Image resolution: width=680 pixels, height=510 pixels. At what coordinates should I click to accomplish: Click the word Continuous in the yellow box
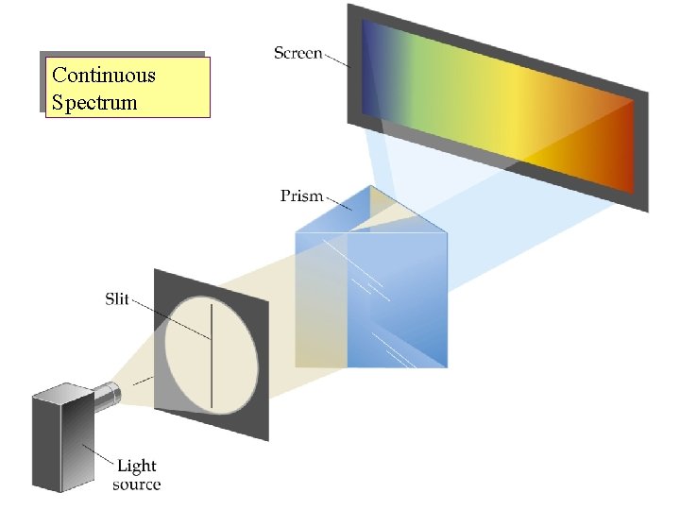[104, 76]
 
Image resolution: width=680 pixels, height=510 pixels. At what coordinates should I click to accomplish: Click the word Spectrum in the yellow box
[94, 101]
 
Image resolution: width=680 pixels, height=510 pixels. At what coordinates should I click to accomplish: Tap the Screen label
[297, 53]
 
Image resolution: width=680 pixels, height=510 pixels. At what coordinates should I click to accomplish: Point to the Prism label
[301, 196]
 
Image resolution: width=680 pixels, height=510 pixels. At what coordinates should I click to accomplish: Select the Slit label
[117, 299]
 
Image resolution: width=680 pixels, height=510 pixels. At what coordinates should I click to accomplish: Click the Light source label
[137, 475]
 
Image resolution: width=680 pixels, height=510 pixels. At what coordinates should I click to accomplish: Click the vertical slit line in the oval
[212, 359]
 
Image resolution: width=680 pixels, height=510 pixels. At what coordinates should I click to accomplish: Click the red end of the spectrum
[619, 142]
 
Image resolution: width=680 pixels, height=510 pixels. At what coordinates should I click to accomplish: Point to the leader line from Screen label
[336, 59]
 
